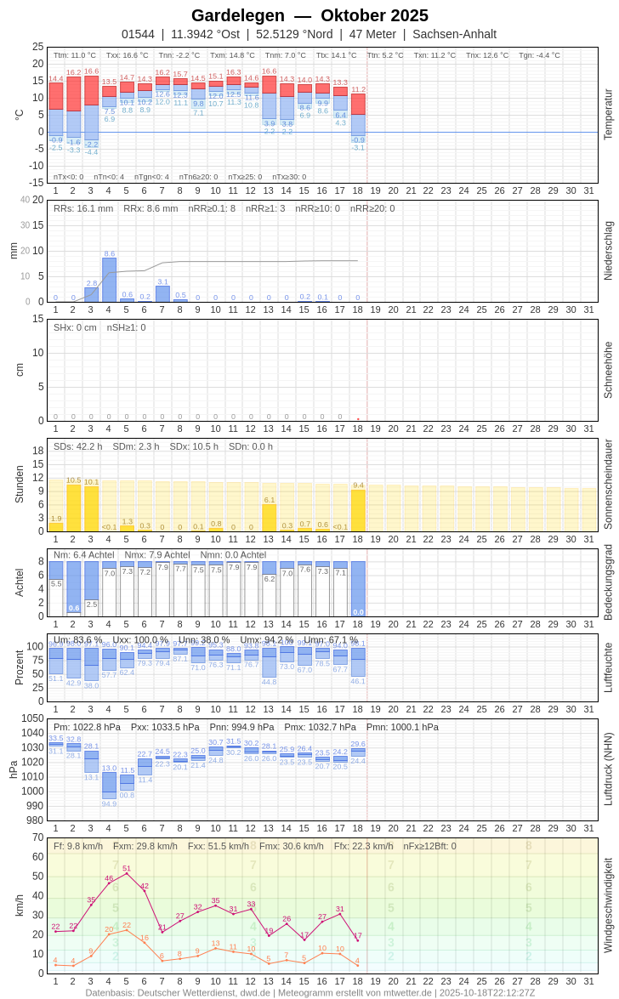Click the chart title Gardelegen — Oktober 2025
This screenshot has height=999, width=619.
tap(309, 15)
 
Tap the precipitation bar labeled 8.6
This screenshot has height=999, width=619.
tap(109, 280)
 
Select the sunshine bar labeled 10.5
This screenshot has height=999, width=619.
tap(73, 508)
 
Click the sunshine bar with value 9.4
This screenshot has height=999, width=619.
tap(358, 510)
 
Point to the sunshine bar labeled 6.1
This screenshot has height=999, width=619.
tap(269, 518)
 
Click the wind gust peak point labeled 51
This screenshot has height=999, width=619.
tap(127, 873)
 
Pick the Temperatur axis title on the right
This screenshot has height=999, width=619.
tap(608, 115)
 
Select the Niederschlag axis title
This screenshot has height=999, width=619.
tap(608, 251)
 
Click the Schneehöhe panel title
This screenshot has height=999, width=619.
tap(608, 370)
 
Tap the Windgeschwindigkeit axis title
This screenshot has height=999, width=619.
tap(608, 905)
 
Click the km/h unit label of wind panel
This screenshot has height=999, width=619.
tap(19, 905)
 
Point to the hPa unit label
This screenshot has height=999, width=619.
tap(13, 769)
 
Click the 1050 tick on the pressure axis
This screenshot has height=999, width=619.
tap(32, 718)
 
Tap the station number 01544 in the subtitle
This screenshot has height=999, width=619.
tap(138, 34)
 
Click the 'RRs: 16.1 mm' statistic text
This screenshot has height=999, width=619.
tap(83, 208)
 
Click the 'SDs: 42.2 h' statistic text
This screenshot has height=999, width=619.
tap(78, 446)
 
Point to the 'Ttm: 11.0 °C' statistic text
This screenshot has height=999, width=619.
tap(75, 55)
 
